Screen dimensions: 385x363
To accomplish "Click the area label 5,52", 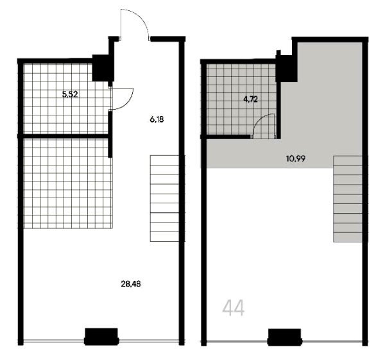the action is [x=70, y=94].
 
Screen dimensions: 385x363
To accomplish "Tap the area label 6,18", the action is [x=157, y=120].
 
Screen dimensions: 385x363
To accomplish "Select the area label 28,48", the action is [x=131, y=284].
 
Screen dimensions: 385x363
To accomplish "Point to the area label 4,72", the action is [x=250, y=99].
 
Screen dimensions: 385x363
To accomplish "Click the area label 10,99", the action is [x=296, y=158].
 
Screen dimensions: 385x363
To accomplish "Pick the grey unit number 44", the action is [x=234, y=308].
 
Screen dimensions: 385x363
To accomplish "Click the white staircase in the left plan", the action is [x=164, y=198].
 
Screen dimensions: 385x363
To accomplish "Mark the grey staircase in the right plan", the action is [x=347, y=199].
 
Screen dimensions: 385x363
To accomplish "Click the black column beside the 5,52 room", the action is [x=102, y=68].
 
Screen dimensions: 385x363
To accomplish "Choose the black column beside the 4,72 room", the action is [x=286, y=69].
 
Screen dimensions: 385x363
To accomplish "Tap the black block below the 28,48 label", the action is [x=101, y=337].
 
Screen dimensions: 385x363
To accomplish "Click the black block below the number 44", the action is [x=284, y=337].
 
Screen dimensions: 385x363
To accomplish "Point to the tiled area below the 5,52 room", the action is [x=68, y=183].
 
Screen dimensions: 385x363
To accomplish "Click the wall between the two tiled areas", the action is [x=64, y=136].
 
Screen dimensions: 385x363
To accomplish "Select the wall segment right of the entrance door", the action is [x=167, y=38].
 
